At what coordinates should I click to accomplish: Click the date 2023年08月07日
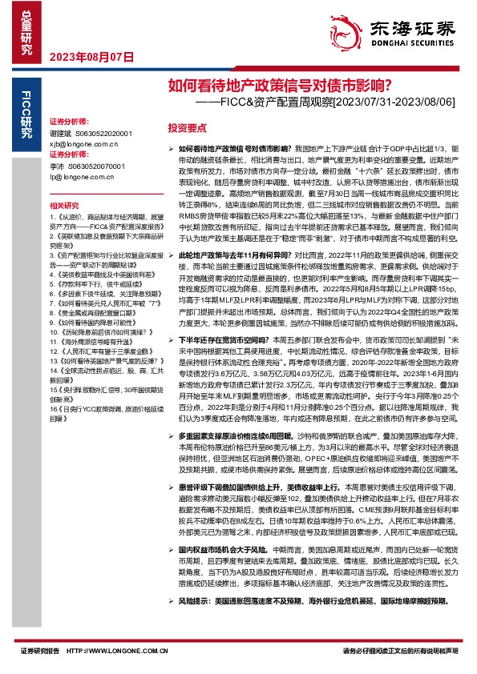pyautogui.click(x=91, y=57)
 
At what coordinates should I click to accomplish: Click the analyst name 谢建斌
pyautogui.click(x=61, y=133)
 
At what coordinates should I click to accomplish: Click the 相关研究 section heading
pyautogui.click(x=63, y=206)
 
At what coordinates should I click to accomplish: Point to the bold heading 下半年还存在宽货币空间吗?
pyautogui.click(x=232, y=339)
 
